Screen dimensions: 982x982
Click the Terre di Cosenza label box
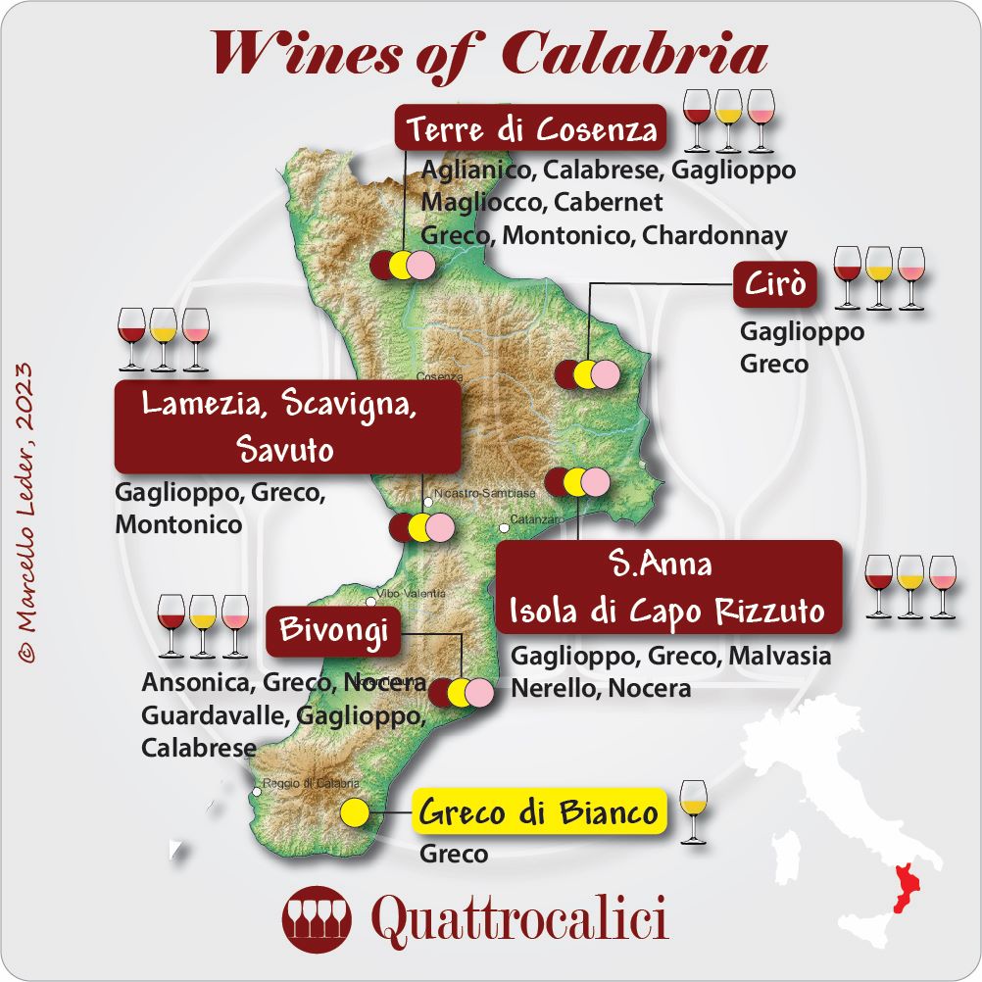coord(530,128)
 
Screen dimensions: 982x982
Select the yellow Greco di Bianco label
coord(538,813)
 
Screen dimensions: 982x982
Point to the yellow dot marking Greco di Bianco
coord(355,813)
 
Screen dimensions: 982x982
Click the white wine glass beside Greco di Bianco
coord(692,810)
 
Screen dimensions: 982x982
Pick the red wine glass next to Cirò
coord(846,276)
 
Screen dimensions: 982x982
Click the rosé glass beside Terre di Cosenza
coord(760,121)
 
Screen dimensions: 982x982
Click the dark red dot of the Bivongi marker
coord(443,692)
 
